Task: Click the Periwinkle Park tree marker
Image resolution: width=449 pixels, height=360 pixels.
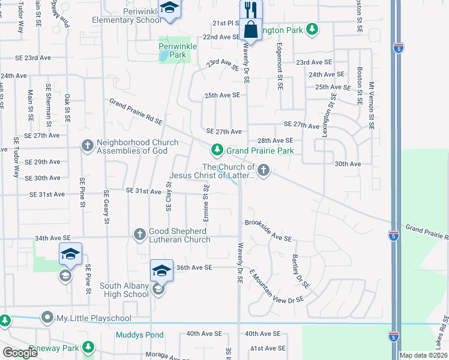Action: click(173, 46)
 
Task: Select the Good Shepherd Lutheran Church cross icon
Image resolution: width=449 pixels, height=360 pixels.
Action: click(139, 233)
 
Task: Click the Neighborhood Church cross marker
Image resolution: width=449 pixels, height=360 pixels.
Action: click(87, 145)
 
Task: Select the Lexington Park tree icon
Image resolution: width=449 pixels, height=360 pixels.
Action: click(312, 29)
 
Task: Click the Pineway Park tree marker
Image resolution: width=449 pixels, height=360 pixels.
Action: click(88, 347)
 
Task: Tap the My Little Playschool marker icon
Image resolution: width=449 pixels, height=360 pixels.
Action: click(46, 317)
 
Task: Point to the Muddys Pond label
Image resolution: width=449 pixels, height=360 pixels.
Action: click(139, 335)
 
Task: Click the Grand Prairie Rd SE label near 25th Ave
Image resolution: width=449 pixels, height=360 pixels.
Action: click(136, 112)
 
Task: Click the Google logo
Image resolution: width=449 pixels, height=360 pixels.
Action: click(20, 353)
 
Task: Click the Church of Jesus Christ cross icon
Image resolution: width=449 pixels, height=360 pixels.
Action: click(263, 170)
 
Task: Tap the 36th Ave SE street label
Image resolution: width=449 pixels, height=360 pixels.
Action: click(194, 268)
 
